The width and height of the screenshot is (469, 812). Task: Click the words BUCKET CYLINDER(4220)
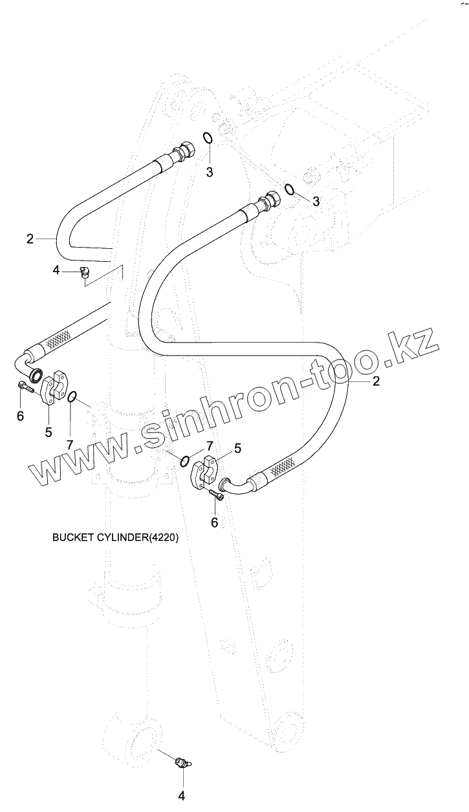click(x=114, y=537)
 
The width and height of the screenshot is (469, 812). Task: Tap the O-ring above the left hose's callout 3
click(x=208, y=138)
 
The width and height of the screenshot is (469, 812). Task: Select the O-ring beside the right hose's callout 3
click(x=290, y=189)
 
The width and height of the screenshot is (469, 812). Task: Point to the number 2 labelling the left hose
click(x=30, y=239)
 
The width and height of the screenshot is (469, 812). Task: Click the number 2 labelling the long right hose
click(x=375, y=381)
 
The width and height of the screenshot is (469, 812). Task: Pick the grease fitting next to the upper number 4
click(x=83, y=273)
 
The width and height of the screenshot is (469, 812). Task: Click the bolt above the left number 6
click(x=25, y=388)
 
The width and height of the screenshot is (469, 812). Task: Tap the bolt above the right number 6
click(x=217, y=495)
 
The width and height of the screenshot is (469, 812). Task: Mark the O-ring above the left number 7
click(x=74, y=396)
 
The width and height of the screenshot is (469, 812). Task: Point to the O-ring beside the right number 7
click(x=185, y=460)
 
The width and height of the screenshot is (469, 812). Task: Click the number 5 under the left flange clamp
click(x=49, y=432)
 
